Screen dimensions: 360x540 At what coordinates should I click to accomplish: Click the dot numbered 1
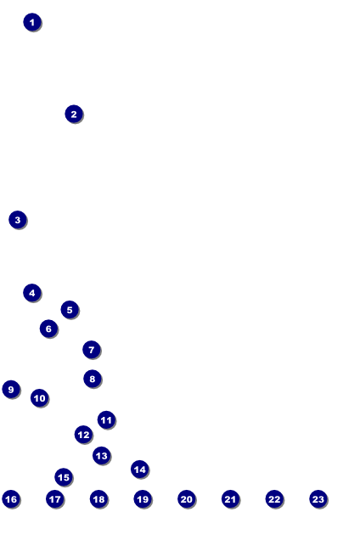point(32,22)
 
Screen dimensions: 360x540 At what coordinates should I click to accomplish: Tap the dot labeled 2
point(74,114)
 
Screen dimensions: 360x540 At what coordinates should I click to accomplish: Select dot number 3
point(18,220)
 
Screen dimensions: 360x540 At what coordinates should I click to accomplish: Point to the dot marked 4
point(32,293)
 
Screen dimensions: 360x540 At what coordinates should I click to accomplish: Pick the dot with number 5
point(70,310)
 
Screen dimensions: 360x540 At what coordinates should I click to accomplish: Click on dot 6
point(49,329)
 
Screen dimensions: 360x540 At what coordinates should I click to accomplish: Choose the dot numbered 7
point(92,350)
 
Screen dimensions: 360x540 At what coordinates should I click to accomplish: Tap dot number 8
point(93,379)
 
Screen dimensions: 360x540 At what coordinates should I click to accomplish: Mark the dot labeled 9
point(11,389)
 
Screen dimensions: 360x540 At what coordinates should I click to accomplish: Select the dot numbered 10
point(40,397)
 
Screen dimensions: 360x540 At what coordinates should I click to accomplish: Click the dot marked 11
point(106,419)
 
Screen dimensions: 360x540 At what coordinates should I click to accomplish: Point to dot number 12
point(83,435)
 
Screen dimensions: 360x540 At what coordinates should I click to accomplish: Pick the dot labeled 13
point(102,456)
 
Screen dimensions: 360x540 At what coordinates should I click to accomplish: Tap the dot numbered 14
point(140,469)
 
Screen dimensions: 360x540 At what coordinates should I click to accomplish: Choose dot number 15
point(64,477)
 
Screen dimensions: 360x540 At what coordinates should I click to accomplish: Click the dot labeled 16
point(11,499)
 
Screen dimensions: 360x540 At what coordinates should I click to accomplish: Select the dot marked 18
point(98,499)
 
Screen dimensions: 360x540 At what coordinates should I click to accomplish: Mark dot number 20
point(187,499)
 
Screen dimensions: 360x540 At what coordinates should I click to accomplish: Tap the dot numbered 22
point(274,499)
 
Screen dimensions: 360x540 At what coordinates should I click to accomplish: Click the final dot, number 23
point(318,499)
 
